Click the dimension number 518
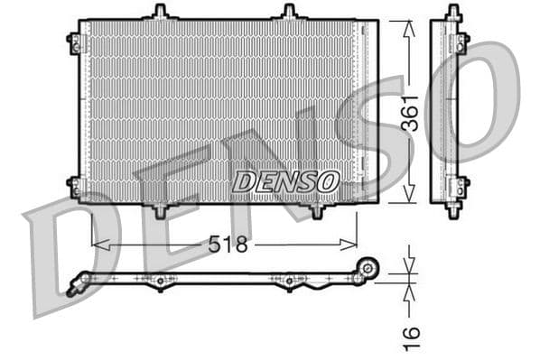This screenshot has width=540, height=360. point(227,245)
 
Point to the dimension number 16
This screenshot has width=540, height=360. point(411,337)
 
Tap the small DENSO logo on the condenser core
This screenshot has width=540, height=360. point(285,181)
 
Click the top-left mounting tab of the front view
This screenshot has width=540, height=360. point(160,12)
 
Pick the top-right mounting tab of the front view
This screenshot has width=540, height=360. point(289,12)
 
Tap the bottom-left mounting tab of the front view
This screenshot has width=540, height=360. point(160,211)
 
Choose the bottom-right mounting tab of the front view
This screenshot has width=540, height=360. point(317,211)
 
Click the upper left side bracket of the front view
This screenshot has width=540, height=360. point(73,42)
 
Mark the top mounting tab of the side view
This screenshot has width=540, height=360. point(452,13)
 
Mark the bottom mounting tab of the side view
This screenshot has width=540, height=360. point(452,210)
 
